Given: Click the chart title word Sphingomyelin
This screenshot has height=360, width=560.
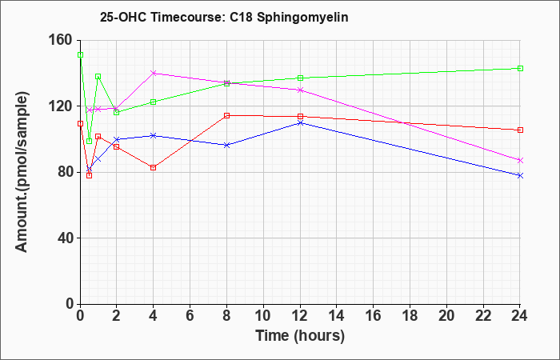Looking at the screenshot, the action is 302,18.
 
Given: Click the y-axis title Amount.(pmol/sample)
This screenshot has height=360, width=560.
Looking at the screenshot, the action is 22,172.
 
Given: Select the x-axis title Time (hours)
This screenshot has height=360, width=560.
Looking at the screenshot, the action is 300,336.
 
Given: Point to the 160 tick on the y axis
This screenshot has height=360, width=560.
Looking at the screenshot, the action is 64,40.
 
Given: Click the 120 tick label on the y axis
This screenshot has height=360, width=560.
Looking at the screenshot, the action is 64,106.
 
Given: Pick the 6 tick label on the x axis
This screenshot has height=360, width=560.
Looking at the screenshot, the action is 190,316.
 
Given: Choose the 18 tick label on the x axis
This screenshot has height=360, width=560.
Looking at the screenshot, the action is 410,316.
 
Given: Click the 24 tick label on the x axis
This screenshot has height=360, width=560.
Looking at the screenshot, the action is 520,316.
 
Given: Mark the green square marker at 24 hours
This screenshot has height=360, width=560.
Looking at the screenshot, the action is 520,68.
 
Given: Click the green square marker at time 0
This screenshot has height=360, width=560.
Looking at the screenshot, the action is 80,54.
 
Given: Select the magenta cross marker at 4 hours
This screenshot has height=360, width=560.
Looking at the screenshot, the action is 154,74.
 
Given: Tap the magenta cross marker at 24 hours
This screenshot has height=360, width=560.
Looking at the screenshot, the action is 520,160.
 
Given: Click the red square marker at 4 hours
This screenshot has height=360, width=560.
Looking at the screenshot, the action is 154,167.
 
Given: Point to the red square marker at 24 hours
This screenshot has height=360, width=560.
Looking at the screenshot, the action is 520,130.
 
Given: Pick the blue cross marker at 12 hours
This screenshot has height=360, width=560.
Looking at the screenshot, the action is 300,123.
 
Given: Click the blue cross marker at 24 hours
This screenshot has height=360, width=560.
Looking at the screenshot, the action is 520,175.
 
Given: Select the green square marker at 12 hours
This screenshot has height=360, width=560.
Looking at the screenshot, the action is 300,78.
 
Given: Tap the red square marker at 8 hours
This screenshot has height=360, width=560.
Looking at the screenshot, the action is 226,115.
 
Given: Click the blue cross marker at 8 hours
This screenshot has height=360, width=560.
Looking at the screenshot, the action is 226,145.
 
